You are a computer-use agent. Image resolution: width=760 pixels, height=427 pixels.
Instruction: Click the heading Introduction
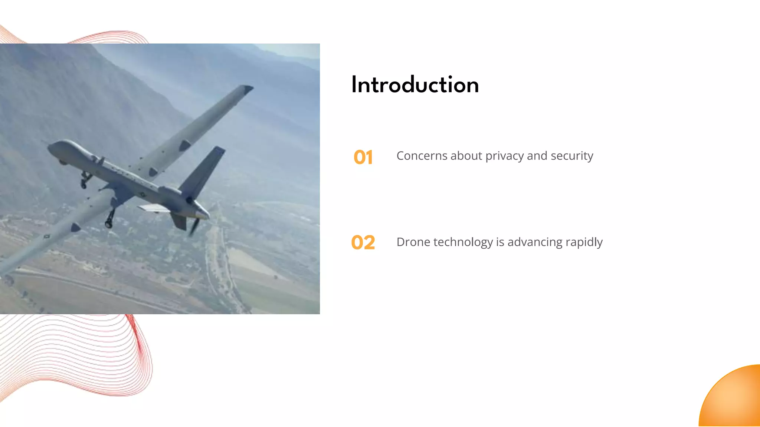click(x=415, y=85)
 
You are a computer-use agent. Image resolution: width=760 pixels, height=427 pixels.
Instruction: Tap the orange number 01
click(x=363, y=157)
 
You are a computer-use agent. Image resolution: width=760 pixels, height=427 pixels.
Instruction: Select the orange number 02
click(x=363, y=242)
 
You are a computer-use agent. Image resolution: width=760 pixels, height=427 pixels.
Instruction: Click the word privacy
click(x=504, y=156)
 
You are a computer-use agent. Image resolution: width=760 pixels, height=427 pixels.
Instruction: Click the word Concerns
click(x=422, y=156)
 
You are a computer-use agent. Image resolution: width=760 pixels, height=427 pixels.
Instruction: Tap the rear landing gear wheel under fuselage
click(x=109, y=224)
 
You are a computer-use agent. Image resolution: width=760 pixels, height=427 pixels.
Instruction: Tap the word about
click(x=466, y=156)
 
